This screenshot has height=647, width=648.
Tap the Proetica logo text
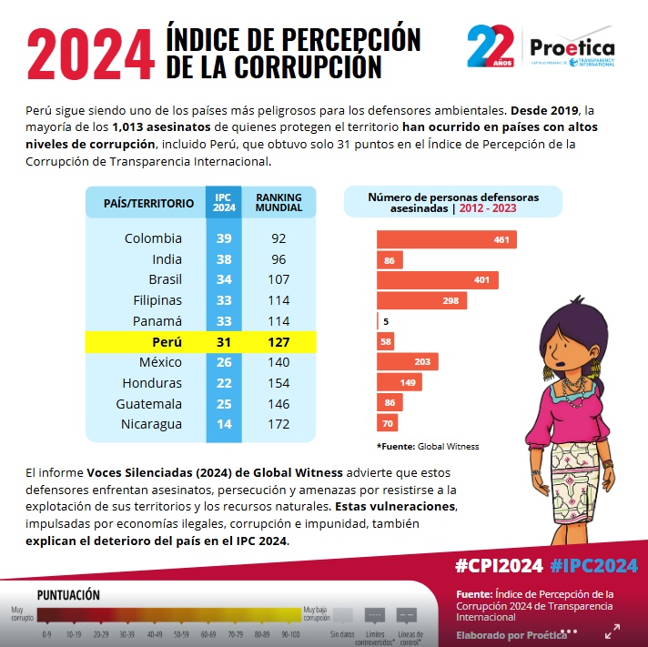pyautogui.click(x=572, y=47)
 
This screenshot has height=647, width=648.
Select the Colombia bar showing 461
pyautogui.click(x=447, y=239)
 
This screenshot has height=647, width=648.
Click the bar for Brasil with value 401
pyautogui.click(x=438, y=280)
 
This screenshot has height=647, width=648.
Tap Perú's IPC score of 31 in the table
pyautogui.click(x=224, y=342)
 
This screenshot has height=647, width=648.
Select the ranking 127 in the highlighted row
pyautogui.click(x=278, y=342)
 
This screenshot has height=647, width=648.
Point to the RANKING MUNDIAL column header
pyautogui.click(x=278, y=202)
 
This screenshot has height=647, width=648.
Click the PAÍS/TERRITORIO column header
pyautogui.click(x=148, y=203)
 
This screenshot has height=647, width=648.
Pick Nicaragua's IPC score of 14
pyautogui.click(x=224, y=424)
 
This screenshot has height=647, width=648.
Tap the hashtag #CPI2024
pyautogui.click(x=499, y=566)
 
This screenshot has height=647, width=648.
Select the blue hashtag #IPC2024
pyautogui.click(x=593, y=566)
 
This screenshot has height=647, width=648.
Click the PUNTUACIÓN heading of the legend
pyautogui.click(x=68, y=595)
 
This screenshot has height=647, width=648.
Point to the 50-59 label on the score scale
pyautogui.click(x=182, y=632)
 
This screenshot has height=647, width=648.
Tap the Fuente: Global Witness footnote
pyautogui.click(x=428, y=447)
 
